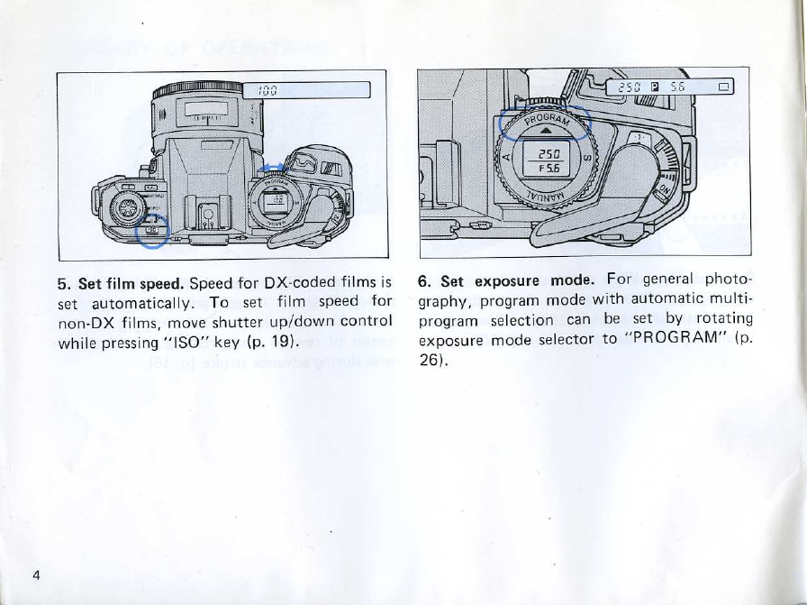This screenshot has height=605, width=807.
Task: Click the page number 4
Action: pyautogui.click(x=36, y=576)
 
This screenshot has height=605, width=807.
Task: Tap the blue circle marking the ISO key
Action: pyautogui.click(x=150, y=233)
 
